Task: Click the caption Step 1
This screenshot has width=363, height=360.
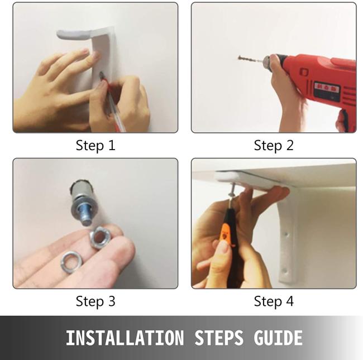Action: point(95,146)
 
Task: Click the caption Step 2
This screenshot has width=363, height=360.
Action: point(274,146)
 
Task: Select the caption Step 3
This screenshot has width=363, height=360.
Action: point(95,301)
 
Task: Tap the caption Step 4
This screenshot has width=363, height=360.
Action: point(274,301)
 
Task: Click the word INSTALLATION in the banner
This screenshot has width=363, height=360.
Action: point(125,338)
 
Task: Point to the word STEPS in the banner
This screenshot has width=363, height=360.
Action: point(219,338)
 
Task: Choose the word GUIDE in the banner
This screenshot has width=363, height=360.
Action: point(278,338)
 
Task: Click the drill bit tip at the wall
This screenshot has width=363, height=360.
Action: point(240,57)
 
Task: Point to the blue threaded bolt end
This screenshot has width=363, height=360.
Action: point(85,216)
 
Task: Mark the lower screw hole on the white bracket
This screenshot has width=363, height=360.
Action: point(285,271)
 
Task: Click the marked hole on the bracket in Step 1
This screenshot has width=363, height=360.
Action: point(102,75)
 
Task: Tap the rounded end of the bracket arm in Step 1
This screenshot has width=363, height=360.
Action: point(61,35)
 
